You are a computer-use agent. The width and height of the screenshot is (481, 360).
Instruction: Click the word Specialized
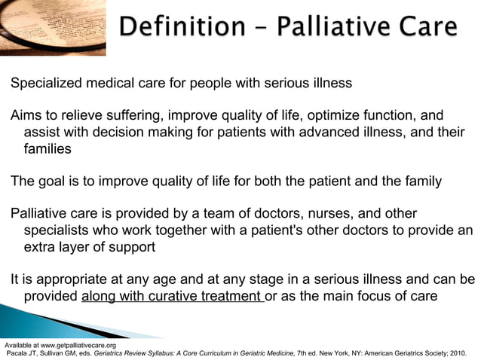click(48, 82)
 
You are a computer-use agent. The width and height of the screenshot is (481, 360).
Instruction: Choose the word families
click(47, 149)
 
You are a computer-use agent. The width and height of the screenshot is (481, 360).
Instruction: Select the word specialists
click(58, 230)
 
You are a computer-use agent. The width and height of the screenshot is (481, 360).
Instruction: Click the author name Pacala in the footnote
click(18, 352)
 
